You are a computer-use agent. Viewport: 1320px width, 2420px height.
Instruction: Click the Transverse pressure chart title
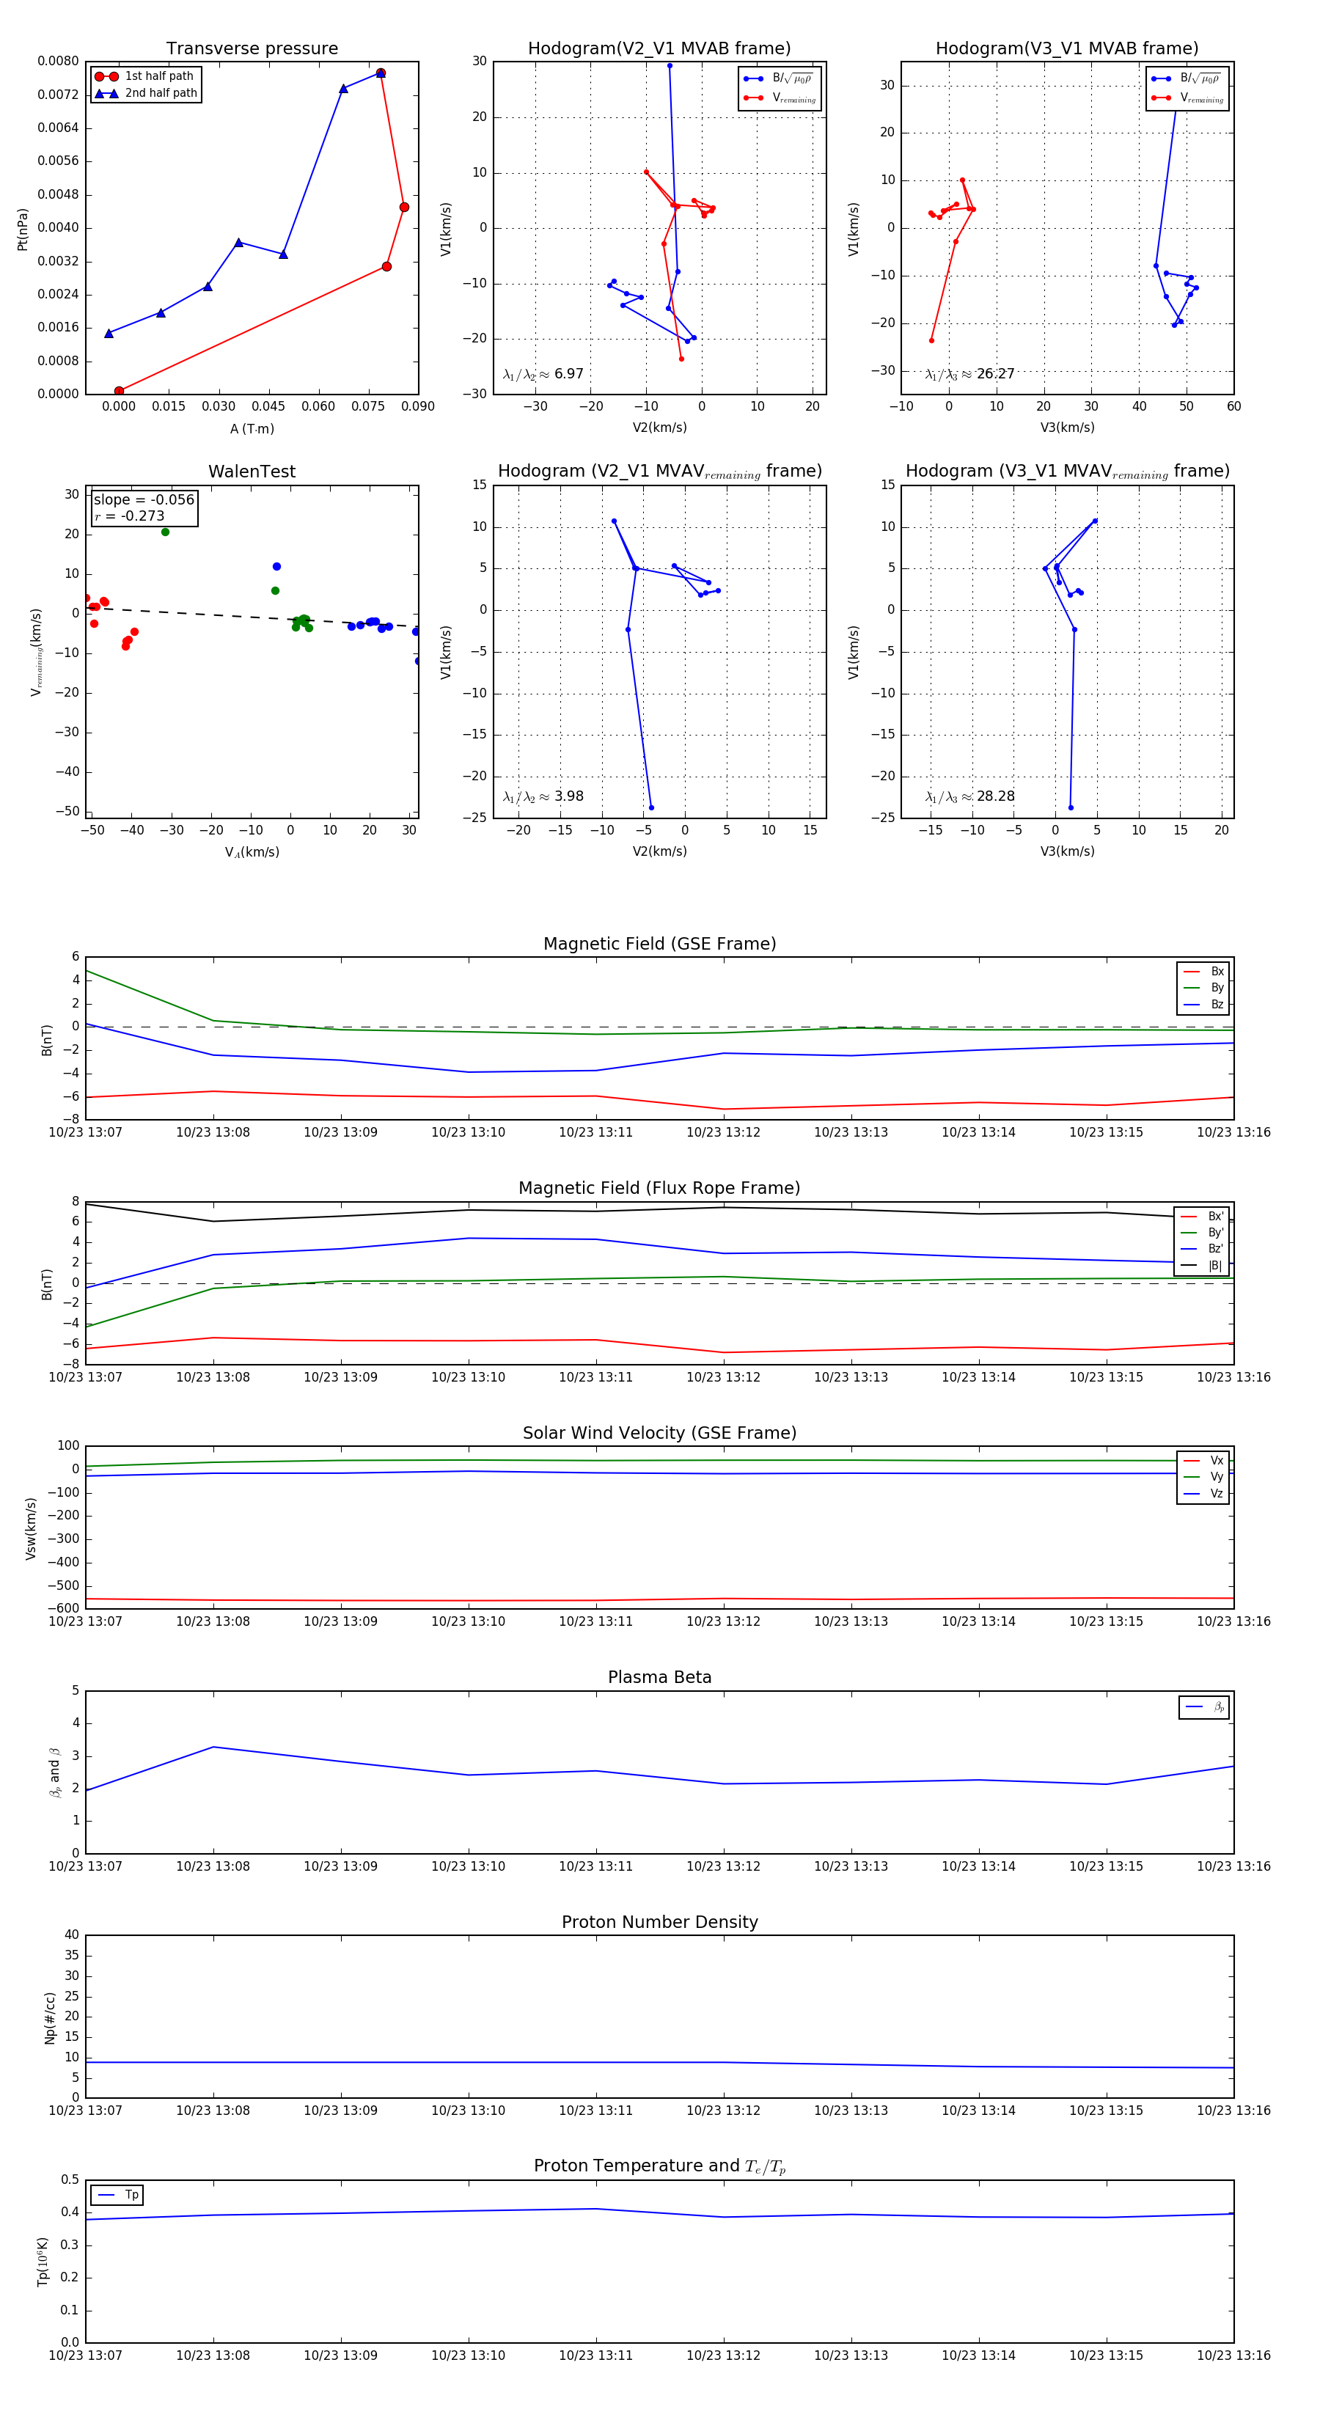252,49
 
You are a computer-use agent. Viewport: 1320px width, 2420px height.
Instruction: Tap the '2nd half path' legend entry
161,93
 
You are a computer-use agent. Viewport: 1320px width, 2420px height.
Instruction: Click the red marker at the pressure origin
118,391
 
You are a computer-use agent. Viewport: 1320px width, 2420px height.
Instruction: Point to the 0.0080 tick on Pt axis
58,61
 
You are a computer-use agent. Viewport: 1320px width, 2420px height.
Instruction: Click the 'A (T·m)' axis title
252,428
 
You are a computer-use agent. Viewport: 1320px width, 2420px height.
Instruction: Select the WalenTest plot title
252,472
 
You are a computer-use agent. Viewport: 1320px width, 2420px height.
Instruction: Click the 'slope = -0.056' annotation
144,500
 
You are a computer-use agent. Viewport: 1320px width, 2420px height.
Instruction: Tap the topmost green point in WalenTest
165,532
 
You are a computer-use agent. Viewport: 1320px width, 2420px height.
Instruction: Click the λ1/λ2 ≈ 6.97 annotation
543,374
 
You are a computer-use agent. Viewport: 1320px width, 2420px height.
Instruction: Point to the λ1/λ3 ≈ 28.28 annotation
969,796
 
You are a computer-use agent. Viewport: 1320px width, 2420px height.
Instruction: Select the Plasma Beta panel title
659,1677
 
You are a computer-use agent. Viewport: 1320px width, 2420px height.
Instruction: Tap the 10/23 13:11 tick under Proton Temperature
595,2355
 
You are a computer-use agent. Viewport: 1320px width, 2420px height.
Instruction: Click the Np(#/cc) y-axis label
50,2018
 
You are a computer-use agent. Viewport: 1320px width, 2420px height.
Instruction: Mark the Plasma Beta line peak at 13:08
213,1746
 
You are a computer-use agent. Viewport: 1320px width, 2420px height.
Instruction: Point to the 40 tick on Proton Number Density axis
71,1935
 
